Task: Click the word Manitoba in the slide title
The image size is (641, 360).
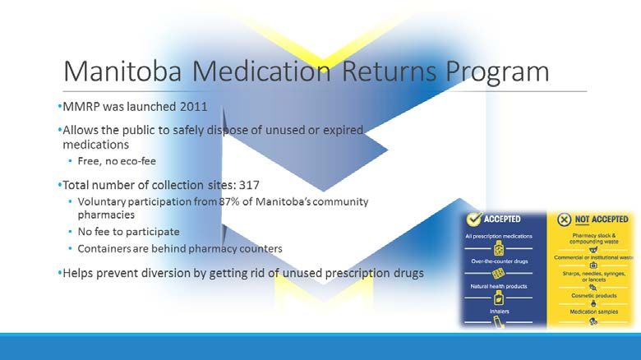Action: [x=122, y=72]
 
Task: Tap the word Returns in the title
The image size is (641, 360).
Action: [x=389, y=72]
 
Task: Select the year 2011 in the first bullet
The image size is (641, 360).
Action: [x=194, y=107]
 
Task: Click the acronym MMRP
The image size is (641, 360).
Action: [x=81, y=107]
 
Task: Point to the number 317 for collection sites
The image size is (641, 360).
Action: [x=249, y=185]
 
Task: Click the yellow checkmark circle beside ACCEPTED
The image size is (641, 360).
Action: [x=474, y=219]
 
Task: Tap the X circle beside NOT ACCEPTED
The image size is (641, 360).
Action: [x=564, y=219]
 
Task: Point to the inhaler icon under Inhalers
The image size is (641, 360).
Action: [x=498, y=323]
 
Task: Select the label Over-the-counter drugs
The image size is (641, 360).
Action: [x=499, y=261]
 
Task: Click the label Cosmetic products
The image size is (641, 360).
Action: [x=593, y=295]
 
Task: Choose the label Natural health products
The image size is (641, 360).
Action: [x=499, y=286]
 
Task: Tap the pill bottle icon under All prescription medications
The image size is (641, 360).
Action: [x=498, y=248]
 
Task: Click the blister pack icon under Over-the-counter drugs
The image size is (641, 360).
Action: [x=498, y=273]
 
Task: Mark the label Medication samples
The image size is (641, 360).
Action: [x=594, y=312]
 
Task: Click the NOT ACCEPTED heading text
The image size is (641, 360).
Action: [x=602, y=219]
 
